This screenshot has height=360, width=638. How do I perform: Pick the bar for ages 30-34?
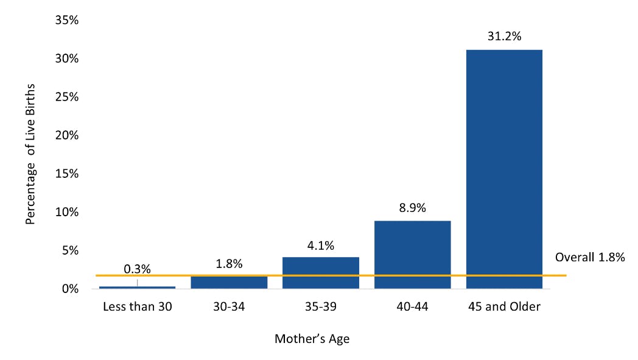click(229, 281)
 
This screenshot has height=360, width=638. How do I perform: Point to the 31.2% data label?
click(504, 37)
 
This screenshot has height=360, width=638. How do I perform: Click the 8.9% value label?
click(412, 208)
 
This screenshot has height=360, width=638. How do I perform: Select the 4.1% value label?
click(320, 245)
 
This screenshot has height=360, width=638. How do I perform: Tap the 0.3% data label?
click(137, 269)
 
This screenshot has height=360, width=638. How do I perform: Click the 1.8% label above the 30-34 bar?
click(229, 264)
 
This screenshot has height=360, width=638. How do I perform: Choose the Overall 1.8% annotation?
click(590, 257)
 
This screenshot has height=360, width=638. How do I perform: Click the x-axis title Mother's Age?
click(312, 339)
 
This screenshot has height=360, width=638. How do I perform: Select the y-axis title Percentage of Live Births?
click(30, 154)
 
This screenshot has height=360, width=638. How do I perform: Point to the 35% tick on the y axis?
click(67, 20)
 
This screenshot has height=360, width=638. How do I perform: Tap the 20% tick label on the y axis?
click(67, 135)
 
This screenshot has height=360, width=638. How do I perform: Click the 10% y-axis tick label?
click(67, 212)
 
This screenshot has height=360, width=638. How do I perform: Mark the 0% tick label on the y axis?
click(70, 289)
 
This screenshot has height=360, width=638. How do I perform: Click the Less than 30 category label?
click(137, 307)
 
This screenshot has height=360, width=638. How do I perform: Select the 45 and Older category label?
click(504, 307)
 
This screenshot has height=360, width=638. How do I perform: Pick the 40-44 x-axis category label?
click(412, 307)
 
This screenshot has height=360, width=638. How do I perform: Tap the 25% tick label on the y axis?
click(67, 97)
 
